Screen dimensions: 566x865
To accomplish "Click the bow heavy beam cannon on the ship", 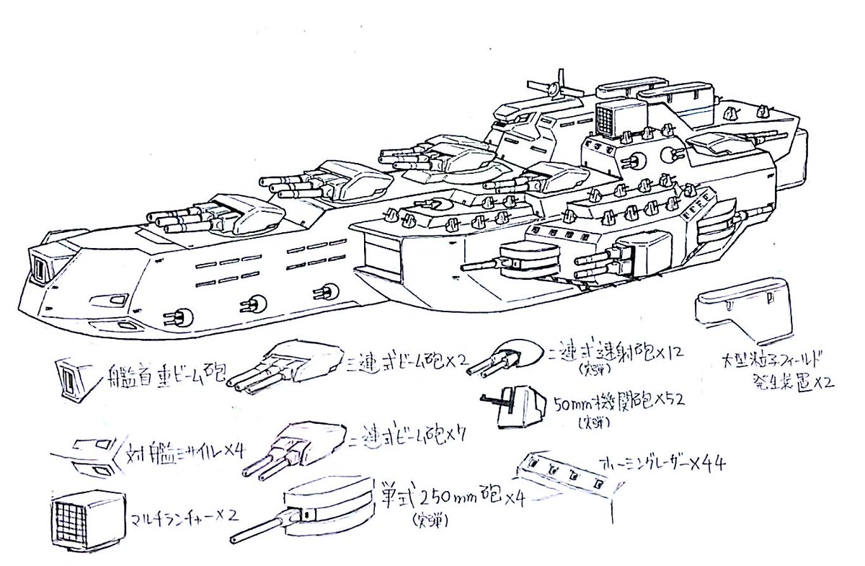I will click(40, 265).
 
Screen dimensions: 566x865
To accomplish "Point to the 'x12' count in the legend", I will click(664, 353).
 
